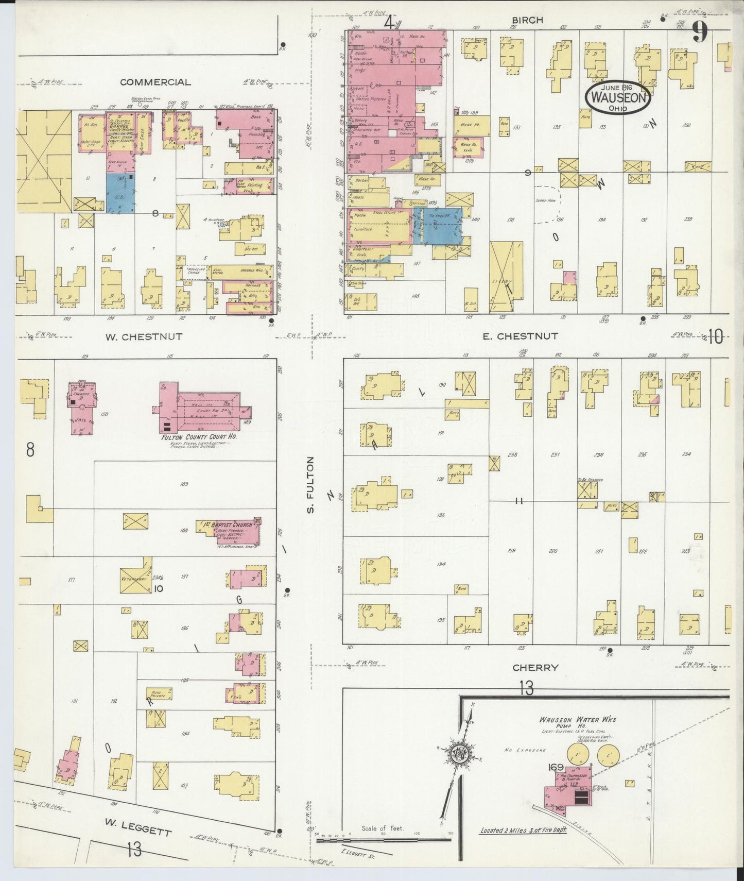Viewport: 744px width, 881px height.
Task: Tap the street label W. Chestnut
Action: pos(144,337)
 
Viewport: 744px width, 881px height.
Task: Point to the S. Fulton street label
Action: pos(310,485)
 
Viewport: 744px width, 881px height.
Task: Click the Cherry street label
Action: pos(535,667)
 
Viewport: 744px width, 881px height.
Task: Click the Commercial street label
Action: pos(155,82)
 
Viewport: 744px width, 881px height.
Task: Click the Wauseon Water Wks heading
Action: pos(577,720)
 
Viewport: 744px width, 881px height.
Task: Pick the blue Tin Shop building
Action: pos(441,225)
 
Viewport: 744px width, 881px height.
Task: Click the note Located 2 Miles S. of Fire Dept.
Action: pos(523,831)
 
